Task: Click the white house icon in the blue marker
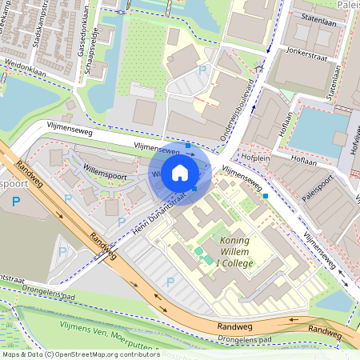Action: (x=180, y=172)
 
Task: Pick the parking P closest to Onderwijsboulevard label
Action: (x=202, y=71)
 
